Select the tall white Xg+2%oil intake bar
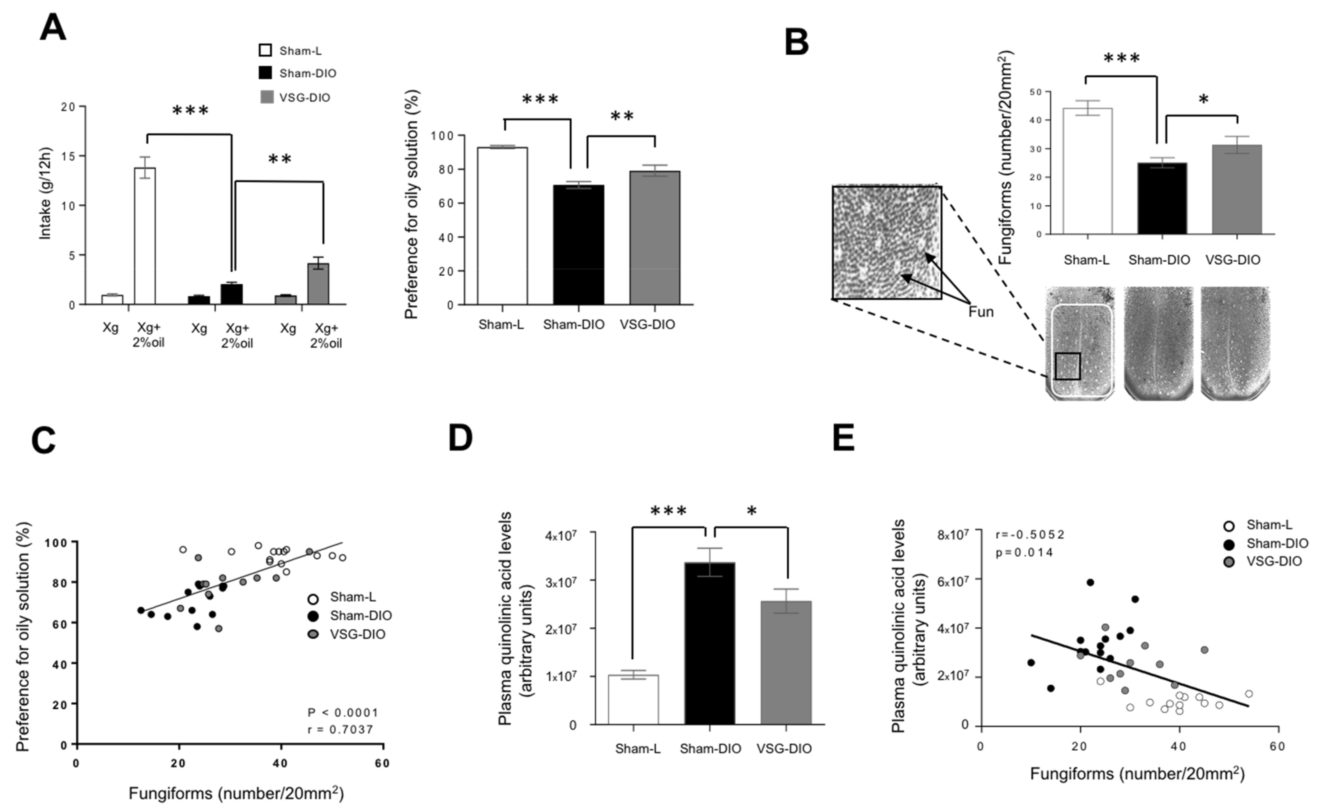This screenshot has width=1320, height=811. point(144,236)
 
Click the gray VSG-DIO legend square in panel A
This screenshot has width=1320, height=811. point(266,97)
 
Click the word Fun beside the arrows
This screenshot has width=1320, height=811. point(981,312)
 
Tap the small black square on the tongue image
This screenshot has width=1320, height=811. point(1067,366)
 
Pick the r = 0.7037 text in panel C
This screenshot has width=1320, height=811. point(340,729)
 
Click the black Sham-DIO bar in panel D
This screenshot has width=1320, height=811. point(709,644)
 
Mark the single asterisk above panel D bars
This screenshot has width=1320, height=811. point(752,511)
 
